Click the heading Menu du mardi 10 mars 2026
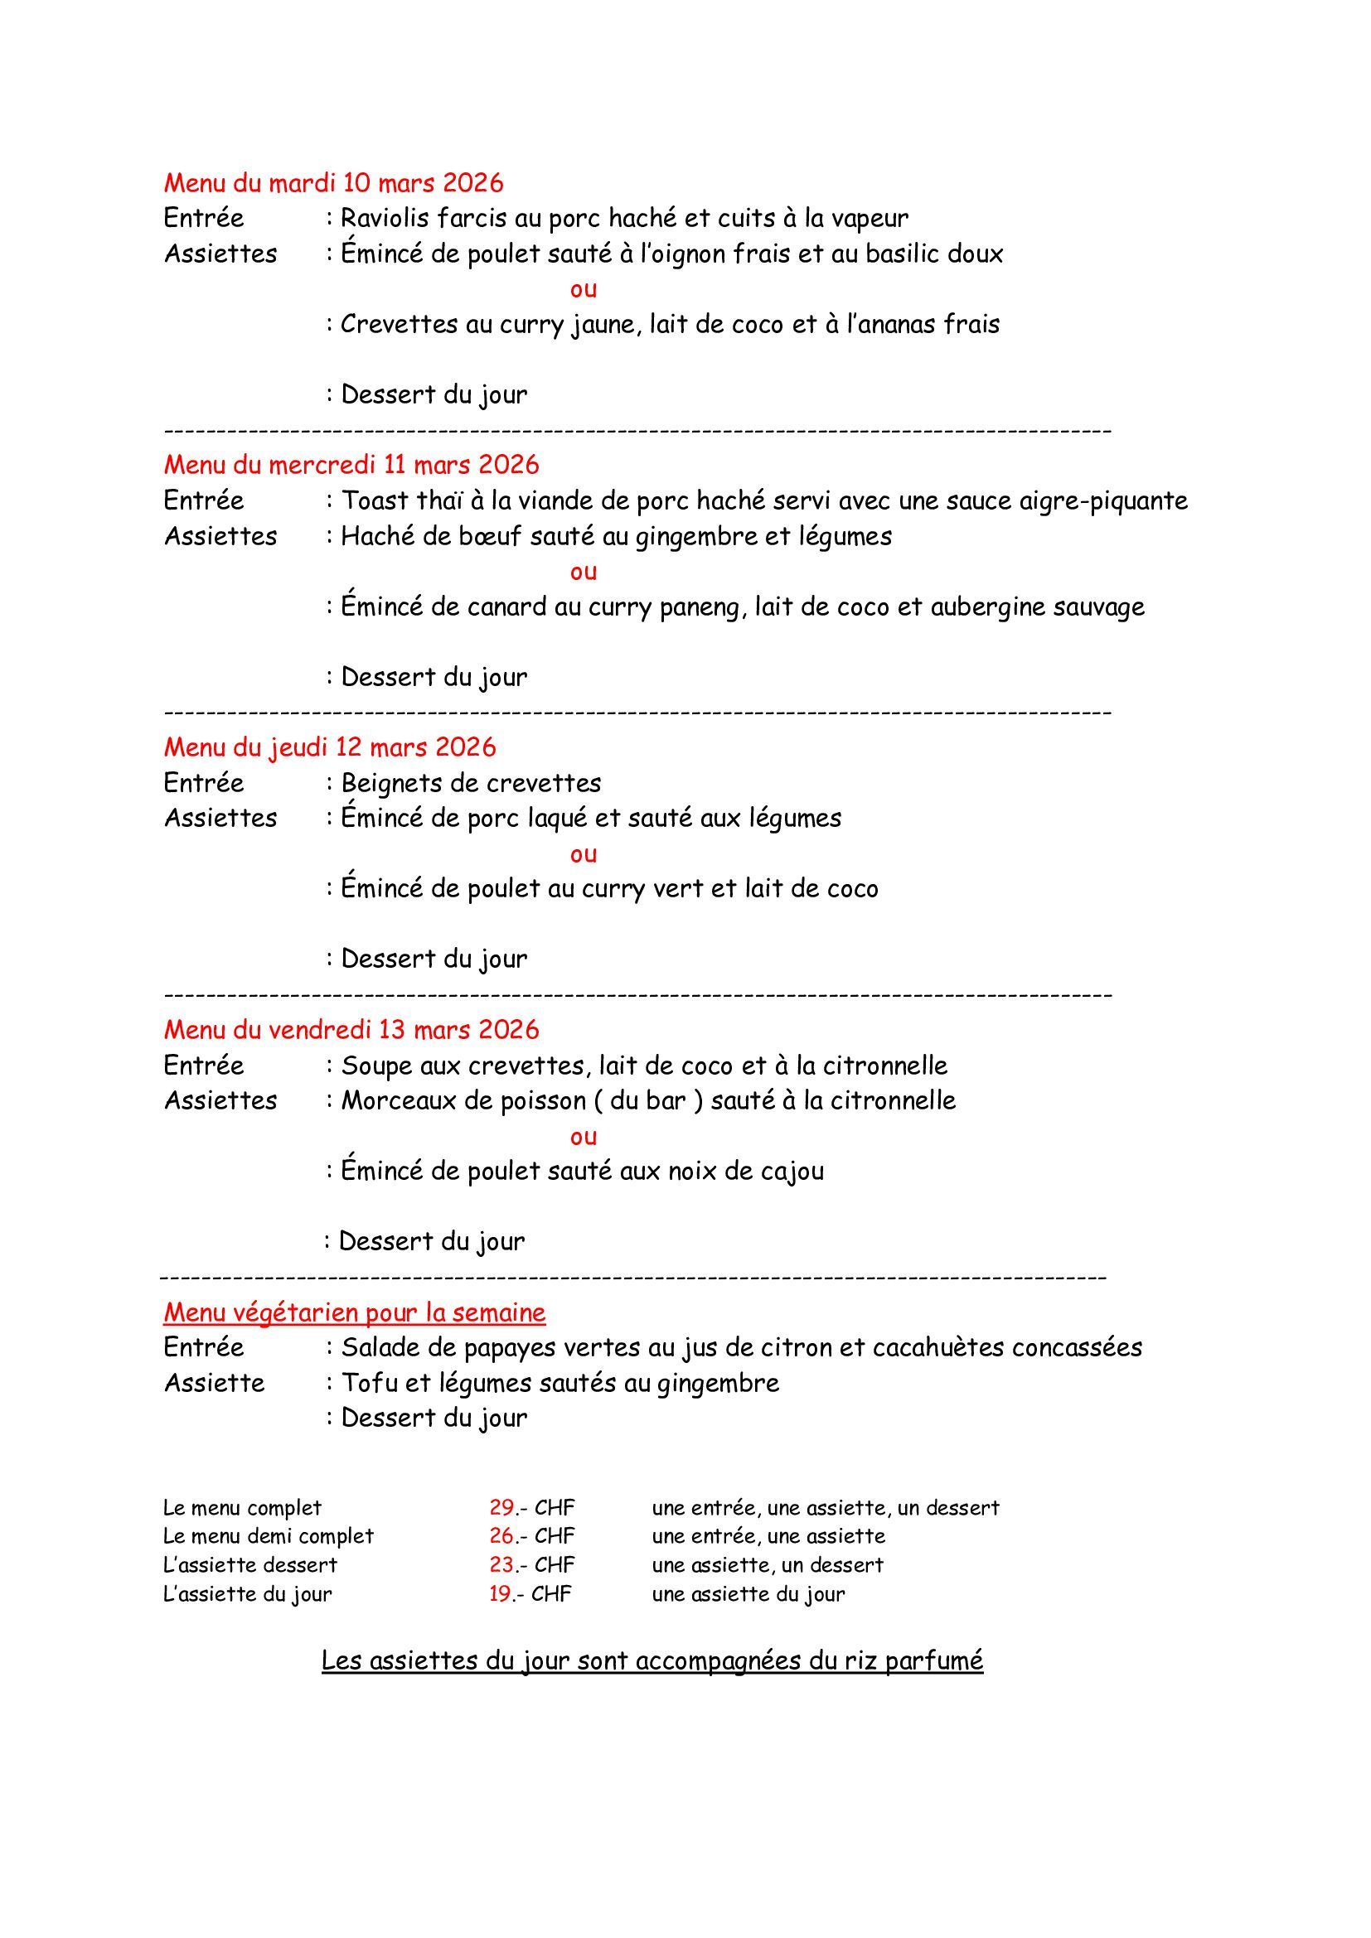click(333, 182)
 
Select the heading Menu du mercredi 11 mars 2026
click(351, 464)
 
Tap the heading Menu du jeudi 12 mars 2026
click(330, 747)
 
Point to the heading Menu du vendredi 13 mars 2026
click(351, 1029)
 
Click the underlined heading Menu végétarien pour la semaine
click(355, 1312)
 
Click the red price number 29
click(501, 1507)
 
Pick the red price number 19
click(501, 1593)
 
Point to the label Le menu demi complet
click(269, 1536)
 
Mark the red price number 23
click(501, 1565)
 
